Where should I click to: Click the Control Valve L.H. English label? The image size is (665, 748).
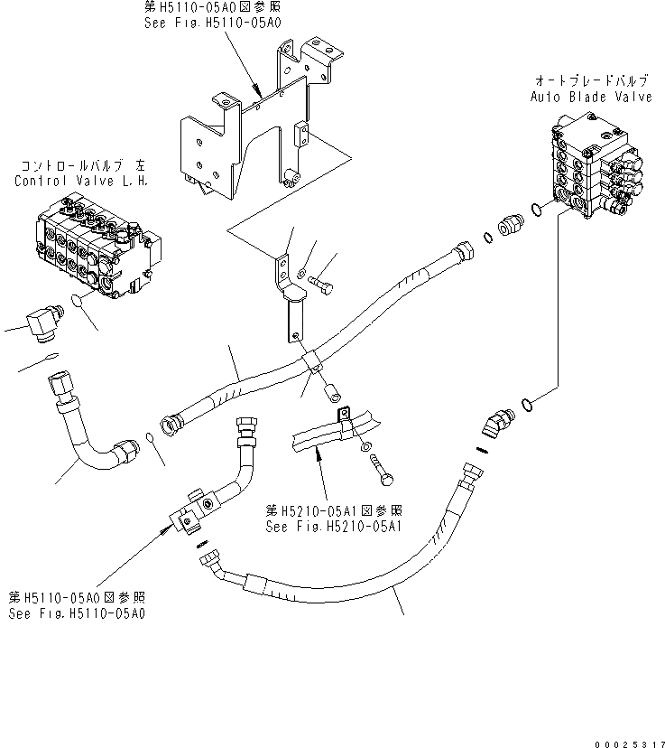click(x=80, y=181)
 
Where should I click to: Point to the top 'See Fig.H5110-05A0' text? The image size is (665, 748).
click(x=213, y=22)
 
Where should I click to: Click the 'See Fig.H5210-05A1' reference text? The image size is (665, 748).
click(x=333, y=524)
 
